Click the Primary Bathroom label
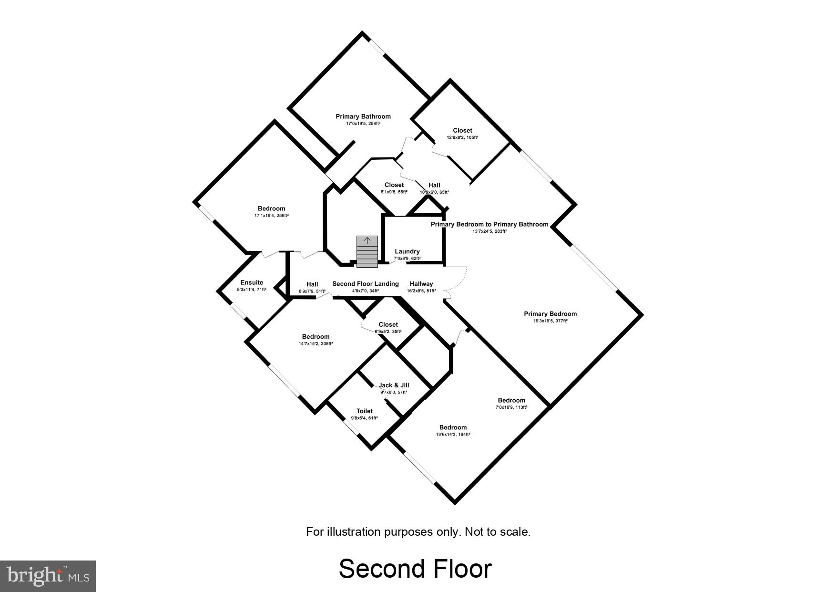[x=363, y=116]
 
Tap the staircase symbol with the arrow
[x=367, y=251]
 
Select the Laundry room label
[x=407, y=251]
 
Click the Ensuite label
[x=252, y=282]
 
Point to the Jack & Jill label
[x=394, y=385]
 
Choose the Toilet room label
[x=365, y=411]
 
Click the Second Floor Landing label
[x=366, y=283]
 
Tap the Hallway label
[x=421, y=283]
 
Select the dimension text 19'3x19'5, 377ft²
[x=551, y=321]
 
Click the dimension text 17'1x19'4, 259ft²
[x=272, y=216]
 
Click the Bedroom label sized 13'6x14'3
[x=453, y=427]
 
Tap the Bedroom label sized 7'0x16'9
[x=511, y=400]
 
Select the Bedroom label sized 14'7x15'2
[x=316, y=336]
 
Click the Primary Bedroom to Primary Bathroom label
[x=489, y=224]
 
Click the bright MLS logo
[x=48, y=576]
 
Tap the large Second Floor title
[x=415, y=569]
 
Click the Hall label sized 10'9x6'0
[x=434, y=185]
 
